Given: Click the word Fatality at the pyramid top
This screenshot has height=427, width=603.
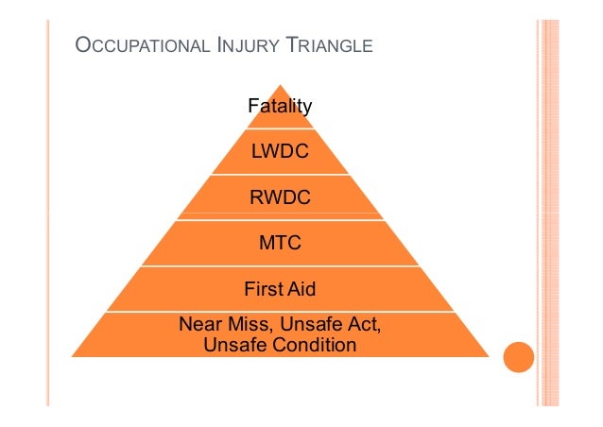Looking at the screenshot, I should (280, 107).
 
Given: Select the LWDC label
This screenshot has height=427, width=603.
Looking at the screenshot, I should (280, 152).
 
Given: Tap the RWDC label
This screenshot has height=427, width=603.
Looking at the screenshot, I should (280, 198).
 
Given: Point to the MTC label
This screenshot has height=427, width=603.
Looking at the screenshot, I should (280, 244).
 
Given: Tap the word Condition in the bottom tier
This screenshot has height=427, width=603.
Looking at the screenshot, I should (315, 345).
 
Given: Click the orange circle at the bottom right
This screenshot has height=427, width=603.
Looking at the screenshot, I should (519, 357).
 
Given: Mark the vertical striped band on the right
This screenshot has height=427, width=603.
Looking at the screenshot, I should (548, 213).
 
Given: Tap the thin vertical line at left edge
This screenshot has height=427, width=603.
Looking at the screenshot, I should (47, 213).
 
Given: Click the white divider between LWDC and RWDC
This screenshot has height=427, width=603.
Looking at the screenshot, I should (280, 175).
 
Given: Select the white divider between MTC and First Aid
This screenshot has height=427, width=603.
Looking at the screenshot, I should (280, 266).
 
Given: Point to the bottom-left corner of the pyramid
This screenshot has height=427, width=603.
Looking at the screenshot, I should (74, 356).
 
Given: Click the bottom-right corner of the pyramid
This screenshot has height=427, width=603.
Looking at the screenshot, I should (487, 356).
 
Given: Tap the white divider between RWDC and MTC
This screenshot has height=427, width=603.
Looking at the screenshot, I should (280, 221).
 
